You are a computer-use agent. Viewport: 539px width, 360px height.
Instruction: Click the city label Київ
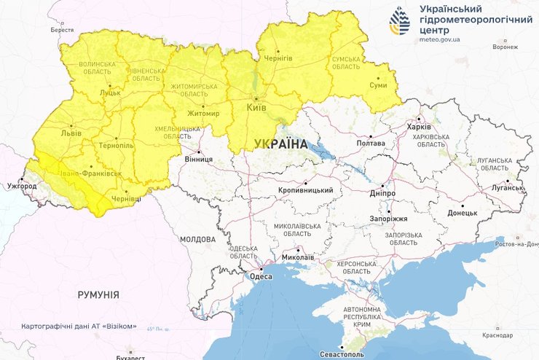click(x=256, y=107)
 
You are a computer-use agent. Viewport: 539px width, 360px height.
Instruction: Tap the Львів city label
click(x=71, y=134)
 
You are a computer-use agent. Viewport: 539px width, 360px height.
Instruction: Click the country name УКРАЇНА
click(x=280, y=144)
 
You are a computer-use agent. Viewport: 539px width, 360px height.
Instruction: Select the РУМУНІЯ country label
click(x=98, y=294)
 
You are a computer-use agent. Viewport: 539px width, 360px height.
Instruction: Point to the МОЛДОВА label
click(x=197, y=239)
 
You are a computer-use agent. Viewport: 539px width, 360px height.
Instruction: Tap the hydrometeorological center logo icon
click(x=400, y=21)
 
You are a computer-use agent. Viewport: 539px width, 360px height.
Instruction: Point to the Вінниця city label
click(x=198, y=159)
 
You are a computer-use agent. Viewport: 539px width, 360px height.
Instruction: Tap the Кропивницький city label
click(x=305, y=191)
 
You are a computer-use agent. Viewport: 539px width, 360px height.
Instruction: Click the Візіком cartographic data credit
click(x=79, y=326)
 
